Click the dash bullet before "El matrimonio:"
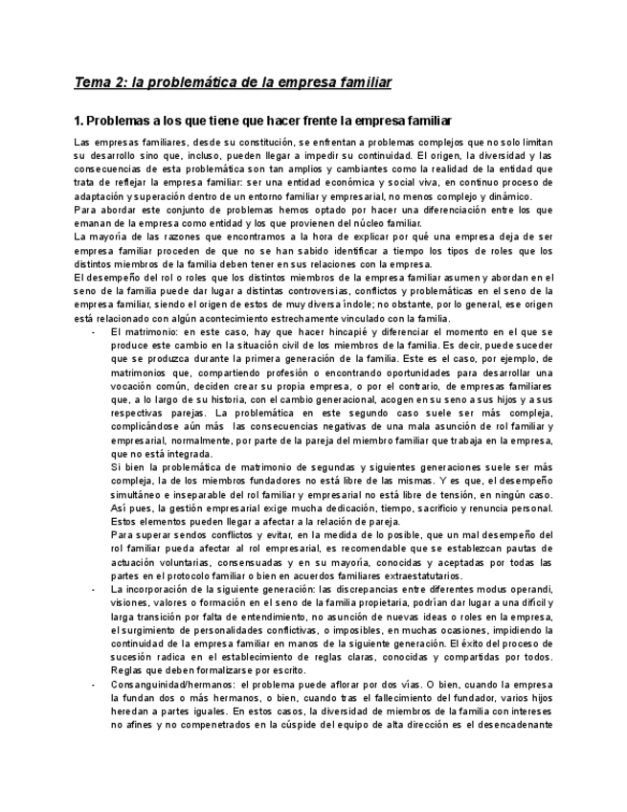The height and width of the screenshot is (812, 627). coord(92,331)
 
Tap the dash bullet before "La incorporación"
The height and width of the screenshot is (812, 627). coord(92,589)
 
